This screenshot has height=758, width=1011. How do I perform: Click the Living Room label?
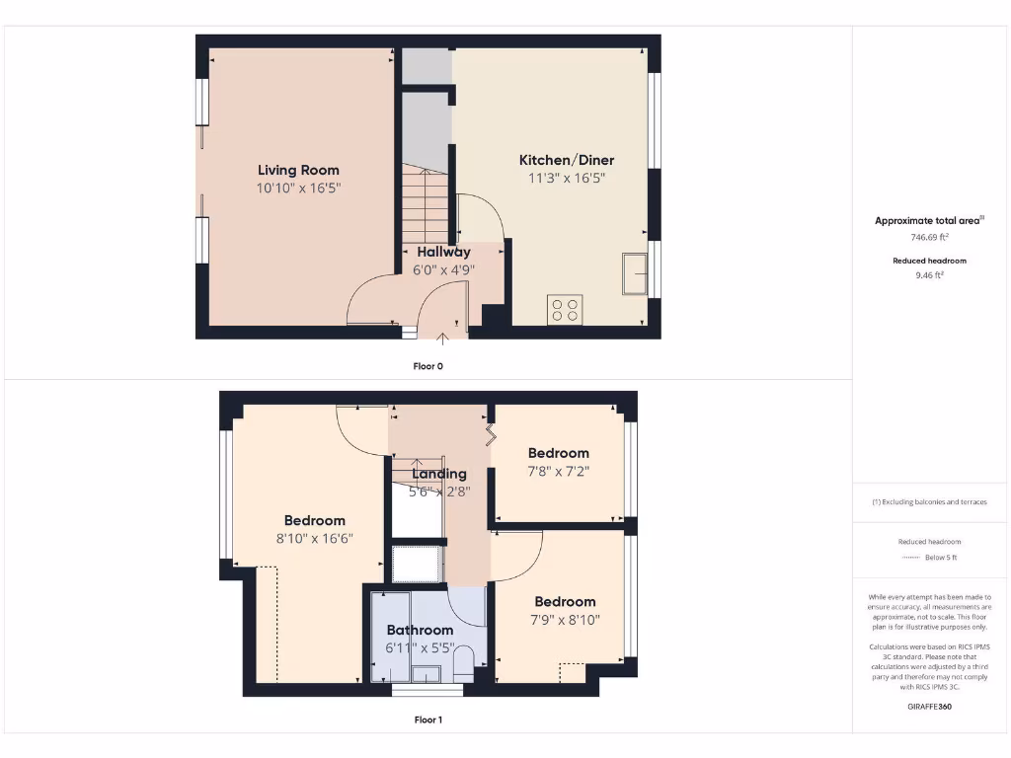click(298, 170)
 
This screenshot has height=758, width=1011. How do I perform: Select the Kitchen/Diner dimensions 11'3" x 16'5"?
click(567, 179)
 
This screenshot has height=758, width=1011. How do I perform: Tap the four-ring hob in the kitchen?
click(565, 310)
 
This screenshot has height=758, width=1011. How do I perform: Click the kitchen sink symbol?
click(632, 274)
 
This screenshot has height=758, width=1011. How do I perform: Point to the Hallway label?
click(443, 252)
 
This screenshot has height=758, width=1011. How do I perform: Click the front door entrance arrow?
click(442, 339)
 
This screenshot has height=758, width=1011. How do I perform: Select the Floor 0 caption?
click(428, 366)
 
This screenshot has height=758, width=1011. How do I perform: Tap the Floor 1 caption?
click(428, 720)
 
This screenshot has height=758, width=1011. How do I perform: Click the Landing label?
click(439, 474)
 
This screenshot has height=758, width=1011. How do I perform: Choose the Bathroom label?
click(420, 630)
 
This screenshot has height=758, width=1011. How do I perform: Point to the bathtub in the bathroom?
click(389, 637)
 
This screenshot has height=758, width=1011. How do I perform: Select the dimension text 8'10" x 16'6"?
click(315, 539)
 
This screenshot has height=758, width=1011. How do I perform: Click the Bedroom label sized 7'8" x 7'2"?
click(558, 453)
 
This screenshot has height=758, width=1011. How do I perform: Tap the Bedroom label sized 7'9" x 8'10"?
click(566, 601)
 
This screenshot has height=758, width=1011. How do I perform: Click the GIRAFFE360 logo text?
click(929, 707)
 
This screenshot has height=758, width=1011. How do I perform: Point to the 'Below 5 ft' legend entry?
click(940, 558)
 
